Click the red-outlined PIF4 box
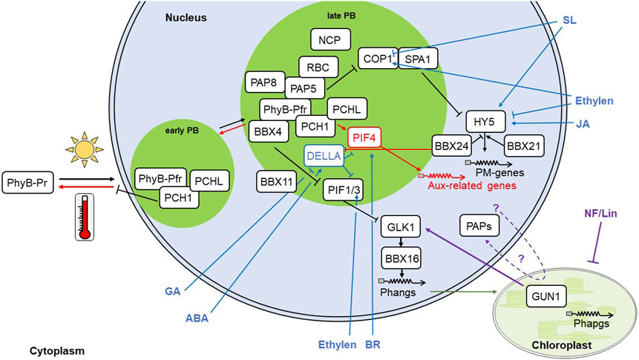click(x=368, y=137)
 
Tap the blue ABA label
click(x=198, y=316)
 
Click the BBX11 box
click(x=278, y=180)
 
